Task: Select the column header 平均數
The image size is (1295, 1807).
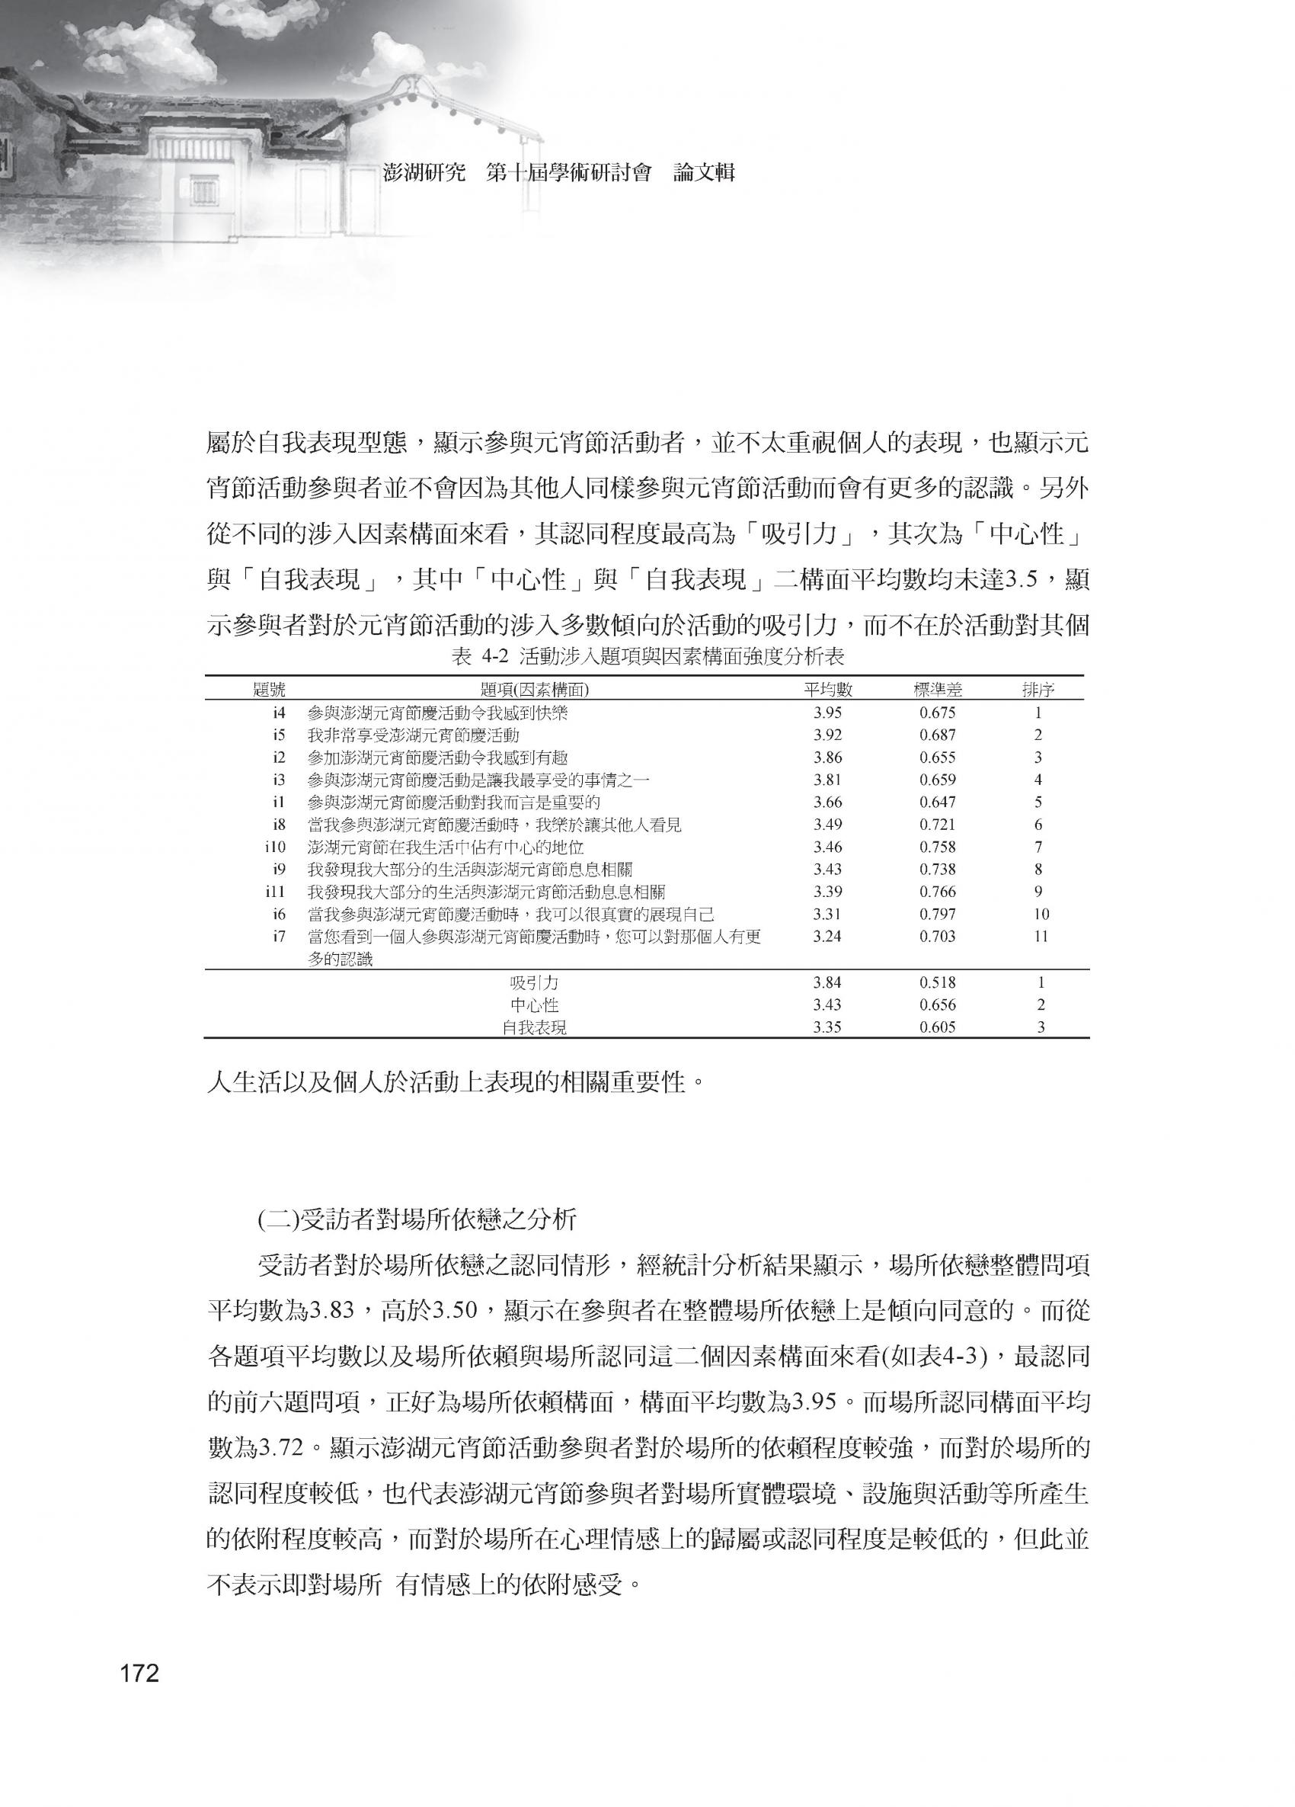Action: click(827, 690)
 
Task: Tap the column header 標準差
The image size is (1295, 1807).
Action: click(938, 690)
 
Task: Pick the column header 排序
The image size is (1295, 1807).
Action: click(1038, 690)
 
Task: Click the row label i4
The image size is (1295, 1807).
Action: click(279, 713)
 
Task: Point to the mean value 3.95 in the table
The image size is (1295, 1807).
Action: click(827, 713)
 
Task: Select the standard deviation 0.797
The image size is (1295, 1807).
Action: click(938, 915)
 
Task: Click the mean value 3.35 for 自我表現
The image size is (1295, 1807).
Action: click(827, 1028)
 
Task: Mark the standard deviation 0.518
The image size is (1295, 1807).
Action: click(938, 983)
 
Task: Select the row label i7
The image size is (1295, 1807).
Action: click(279, 937)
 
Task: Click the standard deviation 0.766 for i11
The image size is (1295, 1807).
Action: click(938, 892)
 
